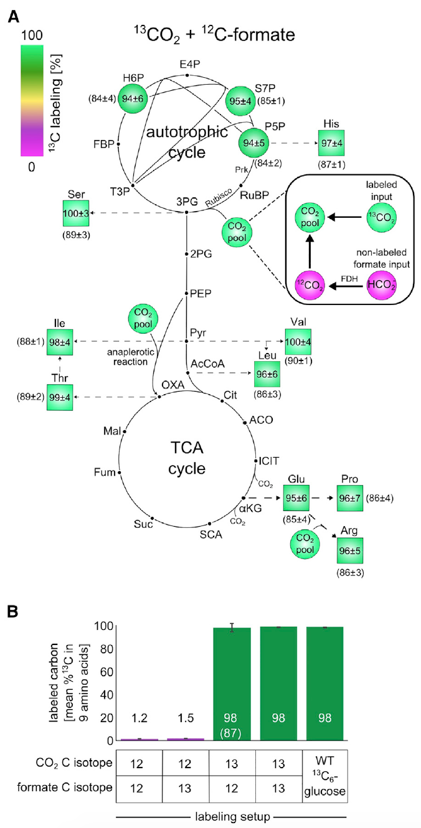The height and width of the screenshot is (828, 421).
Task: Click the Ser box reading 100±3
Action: (x=75, y=213)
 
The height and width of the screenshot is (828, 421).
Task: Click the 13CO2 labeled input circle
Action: (x=381, y=219)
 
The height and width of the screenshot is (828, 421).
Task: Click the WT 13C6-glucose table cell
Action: (x=324, y=773)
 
